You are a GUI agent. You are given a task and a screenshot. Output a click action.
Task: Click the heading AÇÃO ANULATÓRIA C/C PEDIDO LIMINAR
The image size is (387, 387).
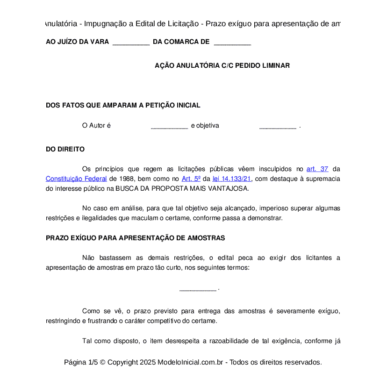222,66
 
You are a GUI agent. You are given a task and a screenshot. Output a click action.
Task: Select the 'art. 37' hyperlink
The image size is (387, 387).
317,169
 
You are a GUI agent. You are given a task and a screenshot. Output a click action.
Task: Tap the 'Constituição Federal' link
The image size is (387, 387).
76,179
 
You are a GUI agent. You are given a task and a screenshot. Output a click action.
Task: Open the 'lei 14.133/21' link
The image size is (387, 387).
232,179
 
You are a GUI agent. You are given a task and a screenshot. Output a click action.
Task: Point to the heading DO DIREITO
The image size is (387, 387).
65,150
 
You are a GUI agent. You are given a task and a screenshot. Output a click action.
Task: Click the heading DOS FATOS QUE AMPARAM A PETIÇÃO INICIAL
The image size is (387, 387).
123,106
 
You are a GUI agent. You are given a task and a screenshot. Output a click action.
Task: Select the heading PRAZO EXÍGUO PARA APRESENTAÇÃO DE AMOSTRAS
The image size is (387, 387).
135,238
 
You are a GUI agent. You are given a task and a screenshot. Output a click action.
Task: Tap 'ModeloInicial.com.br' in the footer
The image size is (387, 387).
193,362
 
